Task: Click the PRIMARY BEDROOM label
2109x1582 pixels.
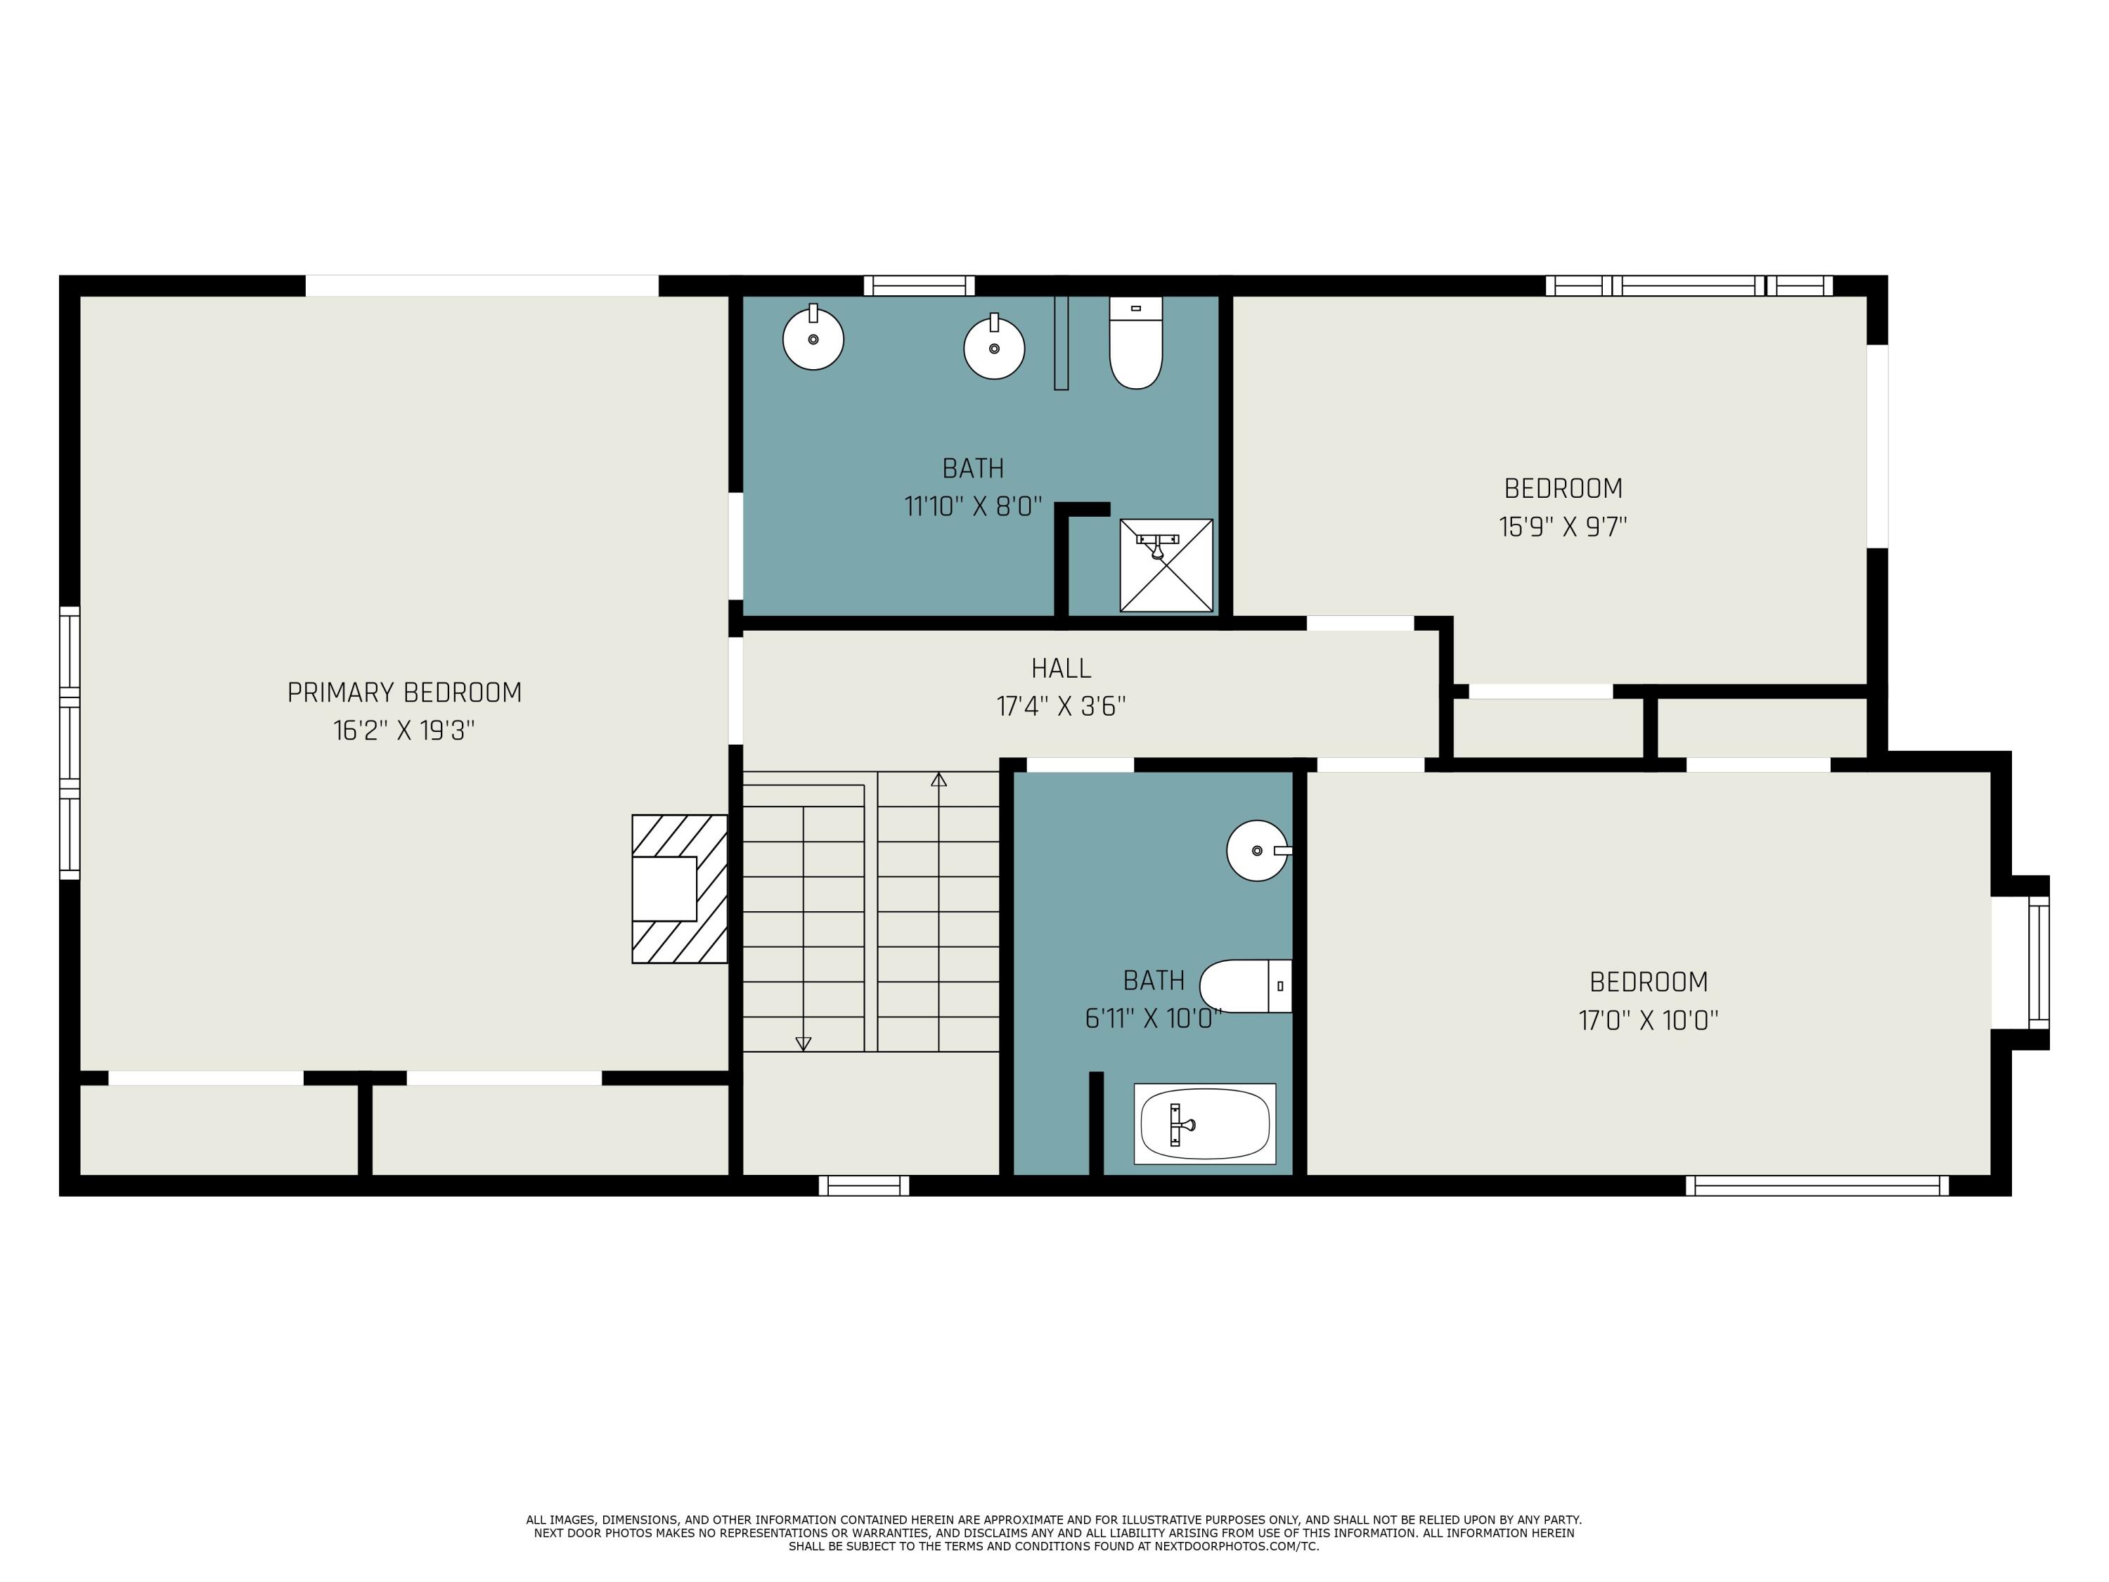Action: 404,693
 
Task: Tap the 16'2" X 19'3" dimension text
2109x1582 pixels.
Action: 404,731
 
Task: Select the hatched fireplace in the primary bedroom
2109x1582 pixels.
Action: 679,889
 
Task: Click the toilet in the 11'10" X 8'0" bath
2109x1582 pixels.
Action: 1135,343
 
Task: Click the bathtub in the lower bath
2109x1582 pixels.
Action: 1204,1124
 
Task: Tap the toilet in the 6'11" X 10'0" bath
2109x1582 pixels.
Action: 1245,986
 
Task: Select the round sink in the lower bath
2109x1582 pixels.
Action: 1258,849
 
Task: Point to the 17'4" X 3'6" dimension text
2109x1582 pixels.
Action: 1061,707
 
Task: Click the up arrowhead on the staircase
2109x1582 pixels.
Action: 939,779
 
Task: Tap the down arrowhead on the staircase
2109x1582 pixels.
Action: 803,1043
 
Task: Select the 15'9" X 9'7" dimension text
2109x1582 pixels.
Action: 1563,527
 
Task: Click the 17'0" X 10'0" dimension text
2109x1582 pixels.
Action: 1648,1020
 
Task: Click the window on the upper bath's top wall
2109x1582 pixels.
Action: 919,285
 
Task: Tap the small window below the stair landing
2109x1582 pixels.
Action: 864,1185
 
